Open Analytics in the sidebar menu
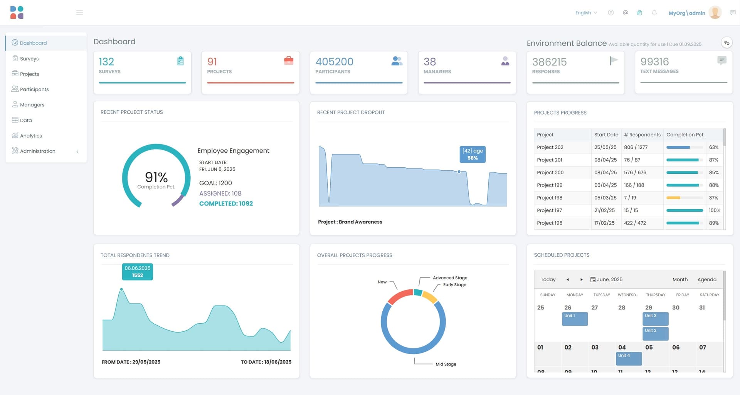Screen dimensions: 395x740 pos(31,136)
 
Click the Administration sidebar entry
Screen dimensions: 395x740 pos(37,151)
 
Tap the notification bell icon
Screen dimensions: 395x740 pos(654,13)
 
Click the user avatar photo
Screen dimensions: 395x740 pos(715,13)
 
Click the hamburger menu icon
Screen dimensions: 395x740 pos(80,13)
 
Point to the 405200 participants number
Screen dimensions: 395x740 pos(334,62)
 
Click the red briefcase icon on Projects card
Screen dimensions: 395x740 pos(288,61)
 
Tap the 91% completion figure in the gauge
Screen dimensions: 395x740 pos(156,177)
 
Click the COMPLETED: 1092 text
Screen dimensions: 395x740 pos(226,203)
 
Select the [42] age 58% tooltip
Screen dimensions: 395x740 pos(473,154)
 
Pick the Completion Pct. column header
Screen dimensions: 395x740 pos(685,134)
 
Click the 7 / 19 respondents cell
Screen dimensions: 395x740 pos(630,198)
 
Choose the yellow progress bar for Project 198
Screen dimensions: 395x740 pos(673,198)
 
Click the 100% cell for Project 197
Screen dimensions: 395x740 pos(714,210)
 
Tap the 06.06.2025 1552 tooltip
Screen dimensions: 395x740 pos(138,272)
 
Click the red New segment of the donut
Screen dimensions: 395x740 pos(399,296)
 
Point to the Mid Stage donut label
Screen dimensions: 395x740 pos(446,364)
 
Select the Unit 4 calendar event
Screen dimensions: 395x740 pos(629,358)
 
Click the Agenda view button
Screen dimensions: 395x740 pos(707,279)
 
